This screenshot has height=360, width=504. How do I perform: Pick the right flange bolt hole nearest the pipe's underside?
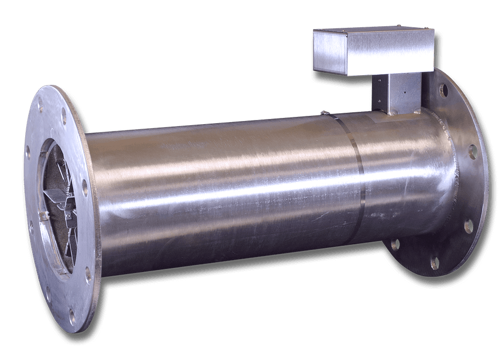395,244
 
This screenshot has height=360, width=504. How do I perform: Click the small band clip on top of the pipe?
324,112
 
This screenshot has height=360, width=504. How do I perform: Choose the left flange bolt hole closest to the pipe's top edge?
64,118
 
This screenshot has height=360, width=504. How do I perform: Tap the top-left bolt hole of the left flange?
40,108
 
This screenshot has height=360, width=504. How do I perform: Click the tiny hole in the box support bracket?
405,93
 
